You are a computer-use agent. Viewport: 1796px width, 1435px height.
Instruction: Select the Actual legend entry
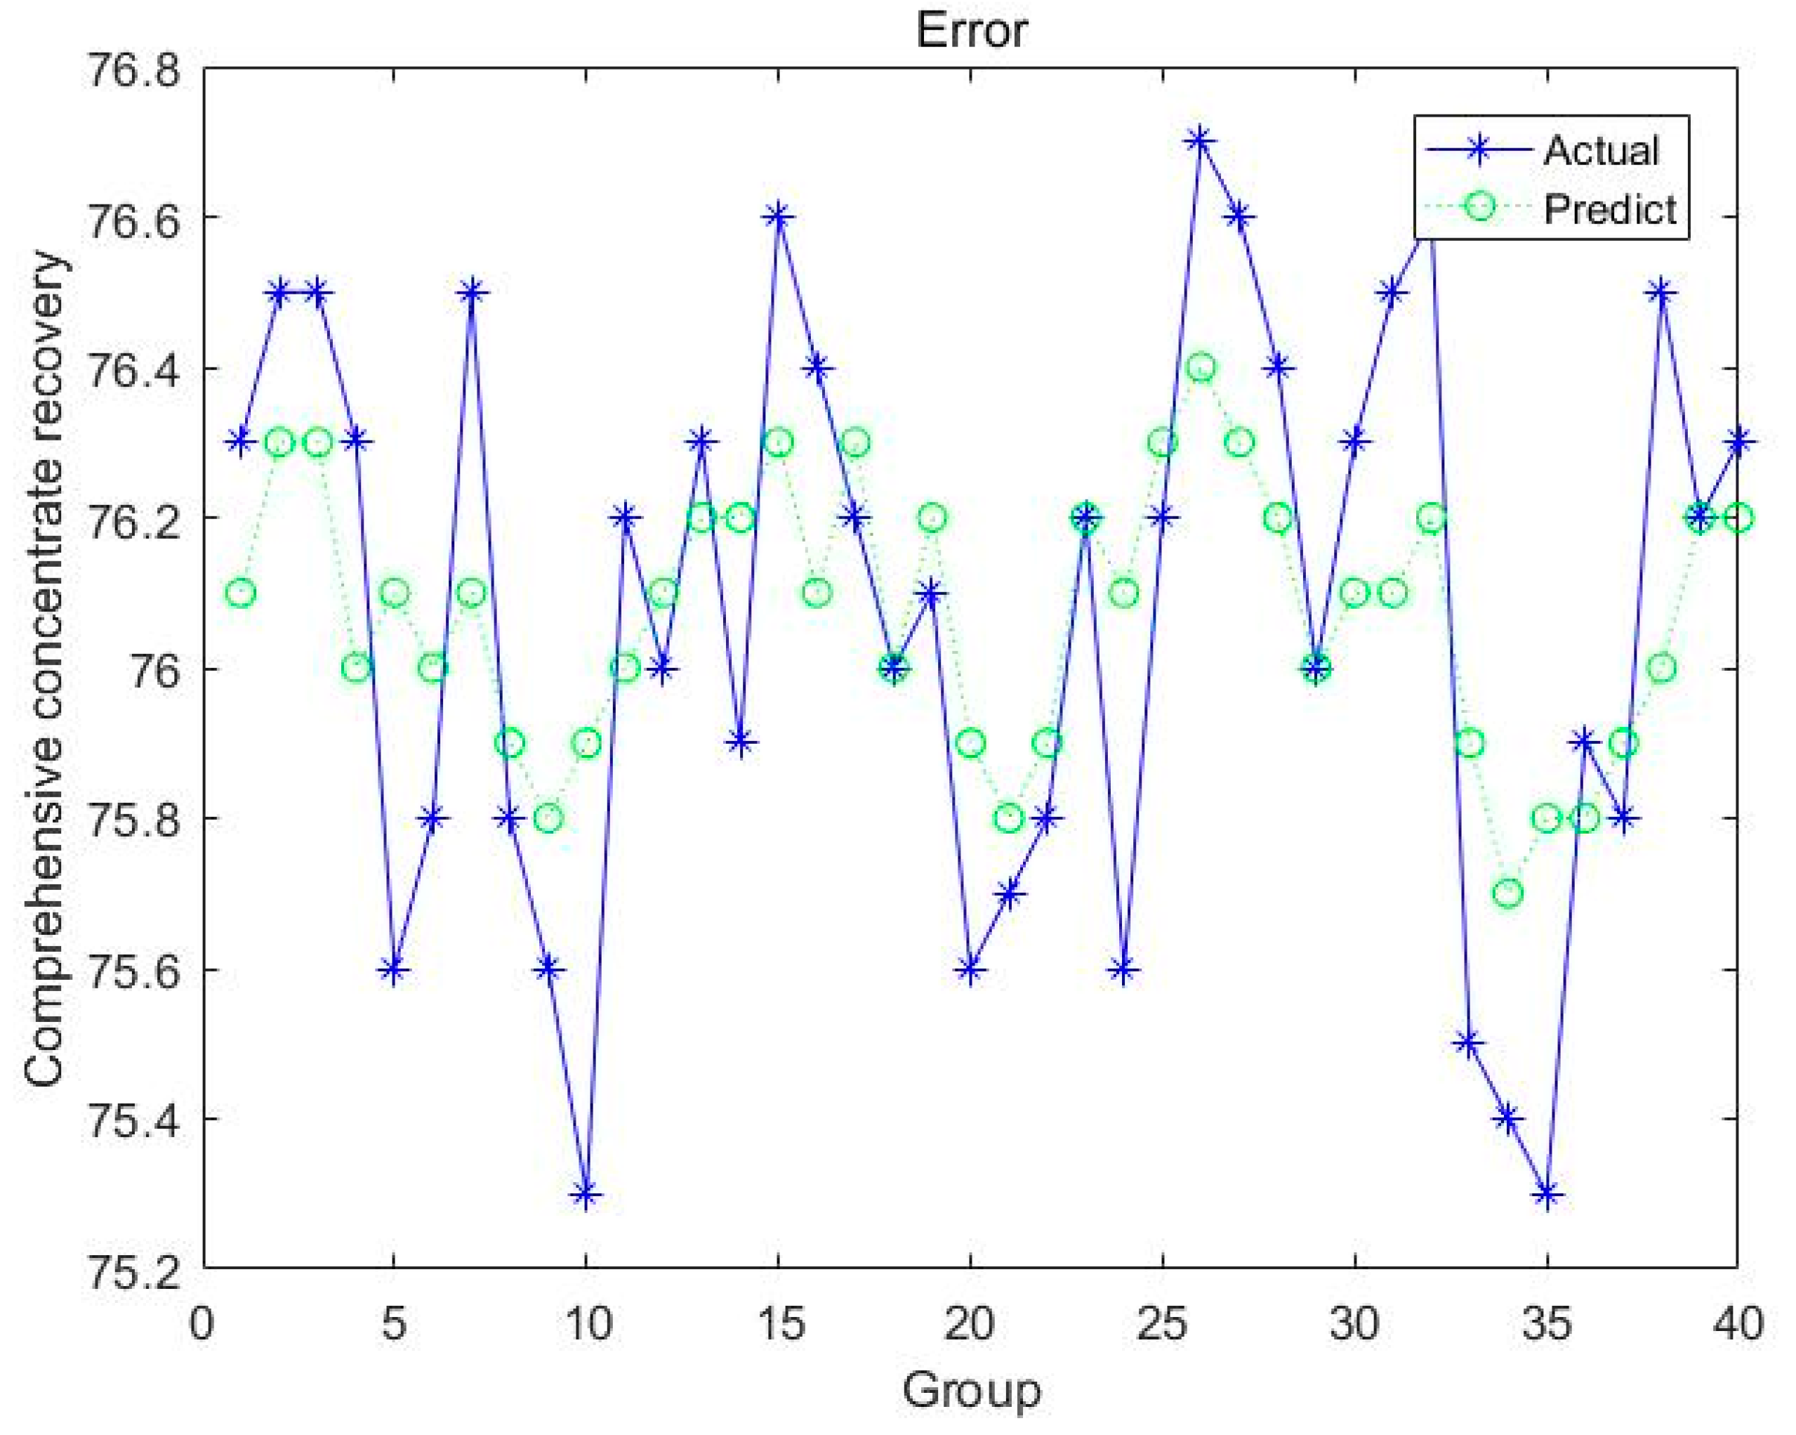coord(1600,151)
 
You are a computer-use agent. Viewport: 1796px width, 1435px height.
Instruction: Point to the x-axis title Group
coord(971,1390)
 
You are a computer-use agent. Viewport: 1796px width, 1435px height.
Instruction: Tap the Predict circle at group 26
coord(1201,367)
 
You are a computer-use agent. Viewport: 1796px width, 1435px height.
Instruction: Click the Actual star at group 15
coord(779,216)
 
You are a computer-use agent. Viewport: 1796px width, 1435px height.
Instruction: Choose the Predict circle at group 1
coord(241,594)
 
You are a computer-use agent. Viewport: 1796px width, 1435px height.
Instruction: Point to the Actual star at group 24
coord(1124,969)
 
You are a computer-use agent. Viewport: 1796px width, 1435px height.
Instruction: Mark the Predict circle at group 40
coord(1738,518)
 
